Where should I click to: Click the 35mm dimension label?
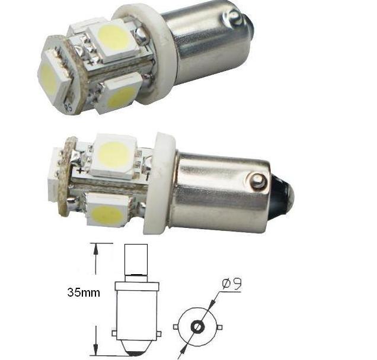coord(84,292)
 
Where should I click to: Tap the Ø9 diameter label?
coord(232,285)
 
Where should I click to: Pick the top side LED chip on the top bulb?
coord(115,40)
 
